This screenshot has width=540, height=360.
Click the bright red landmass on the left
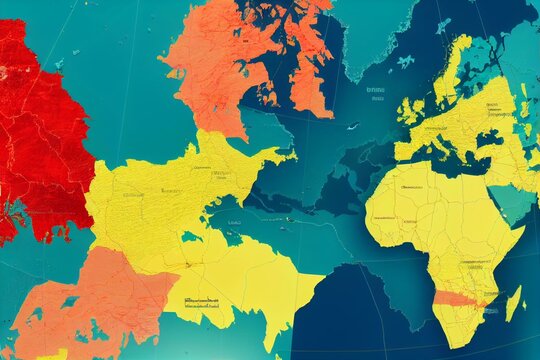(x=40, y=130)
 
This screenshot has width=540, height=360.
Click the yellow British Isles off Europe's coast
(x=410, y=110)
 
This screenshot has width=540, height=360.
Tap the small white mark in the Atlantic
(x=352, y=127)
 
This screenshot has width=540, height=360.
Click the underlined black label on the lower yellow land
(x=200, y=299)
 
